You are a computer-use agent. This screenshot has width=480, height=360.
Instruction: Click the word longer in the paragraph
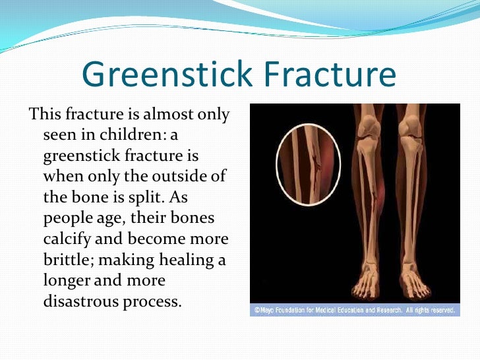point(67,280)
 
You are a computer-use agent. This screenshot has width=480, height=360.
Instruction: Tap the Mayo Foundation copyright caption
point(355,310)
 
